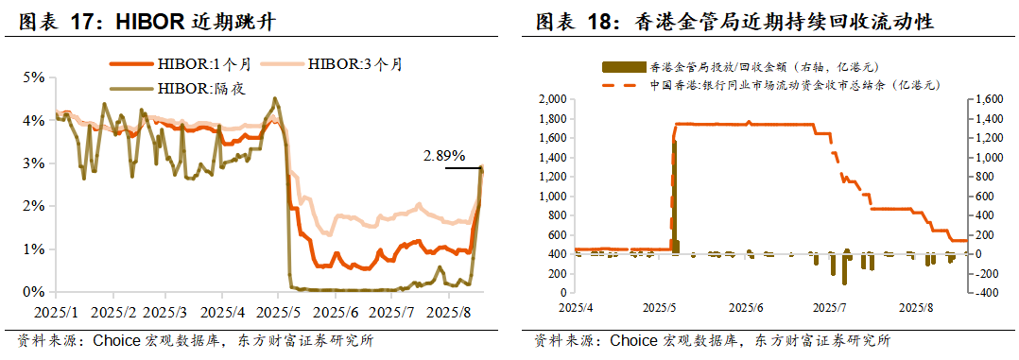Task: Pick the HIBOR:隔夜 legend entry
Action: pyautogui.click(x=198, y=89)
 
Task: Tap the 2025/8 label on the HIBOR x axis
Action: pyautogui.click(x=448, y=311)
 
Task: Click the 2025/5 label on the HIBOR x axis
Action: pyautogui.click(x=282, y=311)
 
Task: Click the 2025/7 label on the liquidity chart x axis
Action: pyautogui.click(x=831, y=307)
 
